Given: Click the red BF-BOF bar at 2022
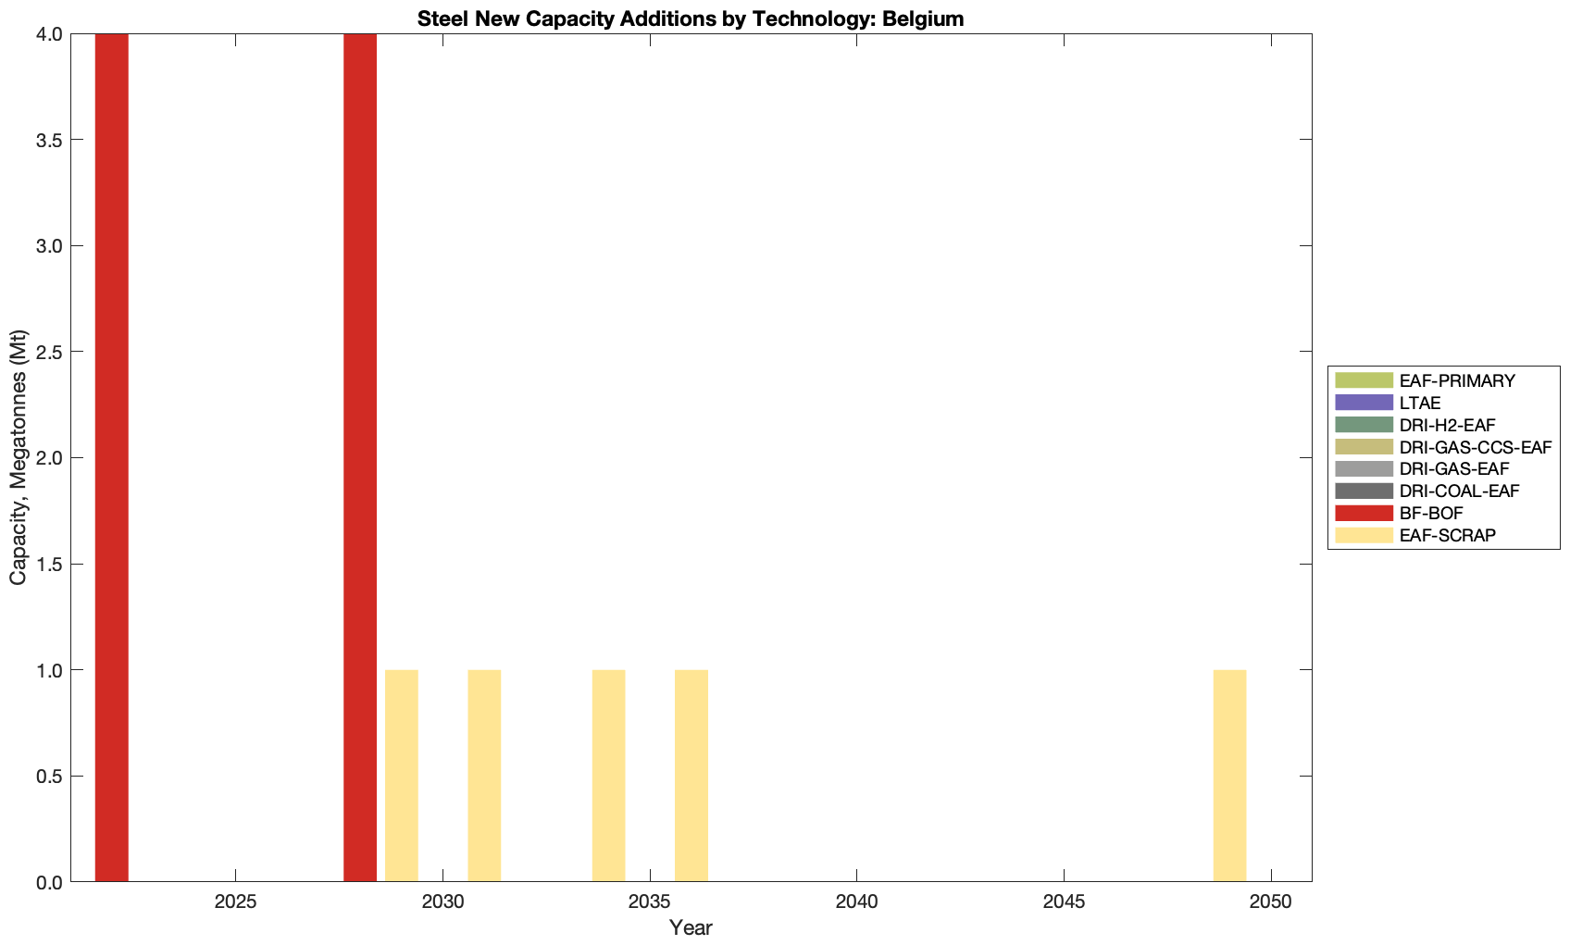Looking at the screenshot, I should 111,457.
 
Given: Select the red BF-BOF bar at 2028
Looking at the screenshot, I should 360,457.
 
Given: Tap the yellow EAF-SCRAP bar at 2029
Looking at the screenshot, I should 402,776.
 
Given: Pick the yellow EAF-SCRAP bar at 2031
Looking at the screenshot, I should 484,776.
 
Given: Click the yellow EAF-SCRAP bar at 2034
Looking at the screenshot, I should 608,776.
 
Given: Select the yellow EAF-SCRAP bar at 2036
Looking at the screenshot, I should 692,776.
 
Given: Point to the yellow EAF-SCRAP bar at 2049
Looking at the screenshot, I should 1229,776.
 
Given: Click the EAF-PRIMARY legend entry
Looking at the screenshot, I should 1456,380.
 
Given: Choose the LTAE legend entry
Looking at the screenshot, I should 1420,403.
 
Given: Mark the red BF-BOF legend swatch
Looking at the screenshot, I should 1364,513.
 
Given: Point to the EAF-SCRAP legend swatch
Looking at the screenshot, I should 1364,535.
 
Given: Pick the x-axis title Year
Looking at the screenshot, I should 691,927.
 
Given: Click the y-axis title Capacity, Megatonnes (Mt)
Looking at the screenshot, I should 19,457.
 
